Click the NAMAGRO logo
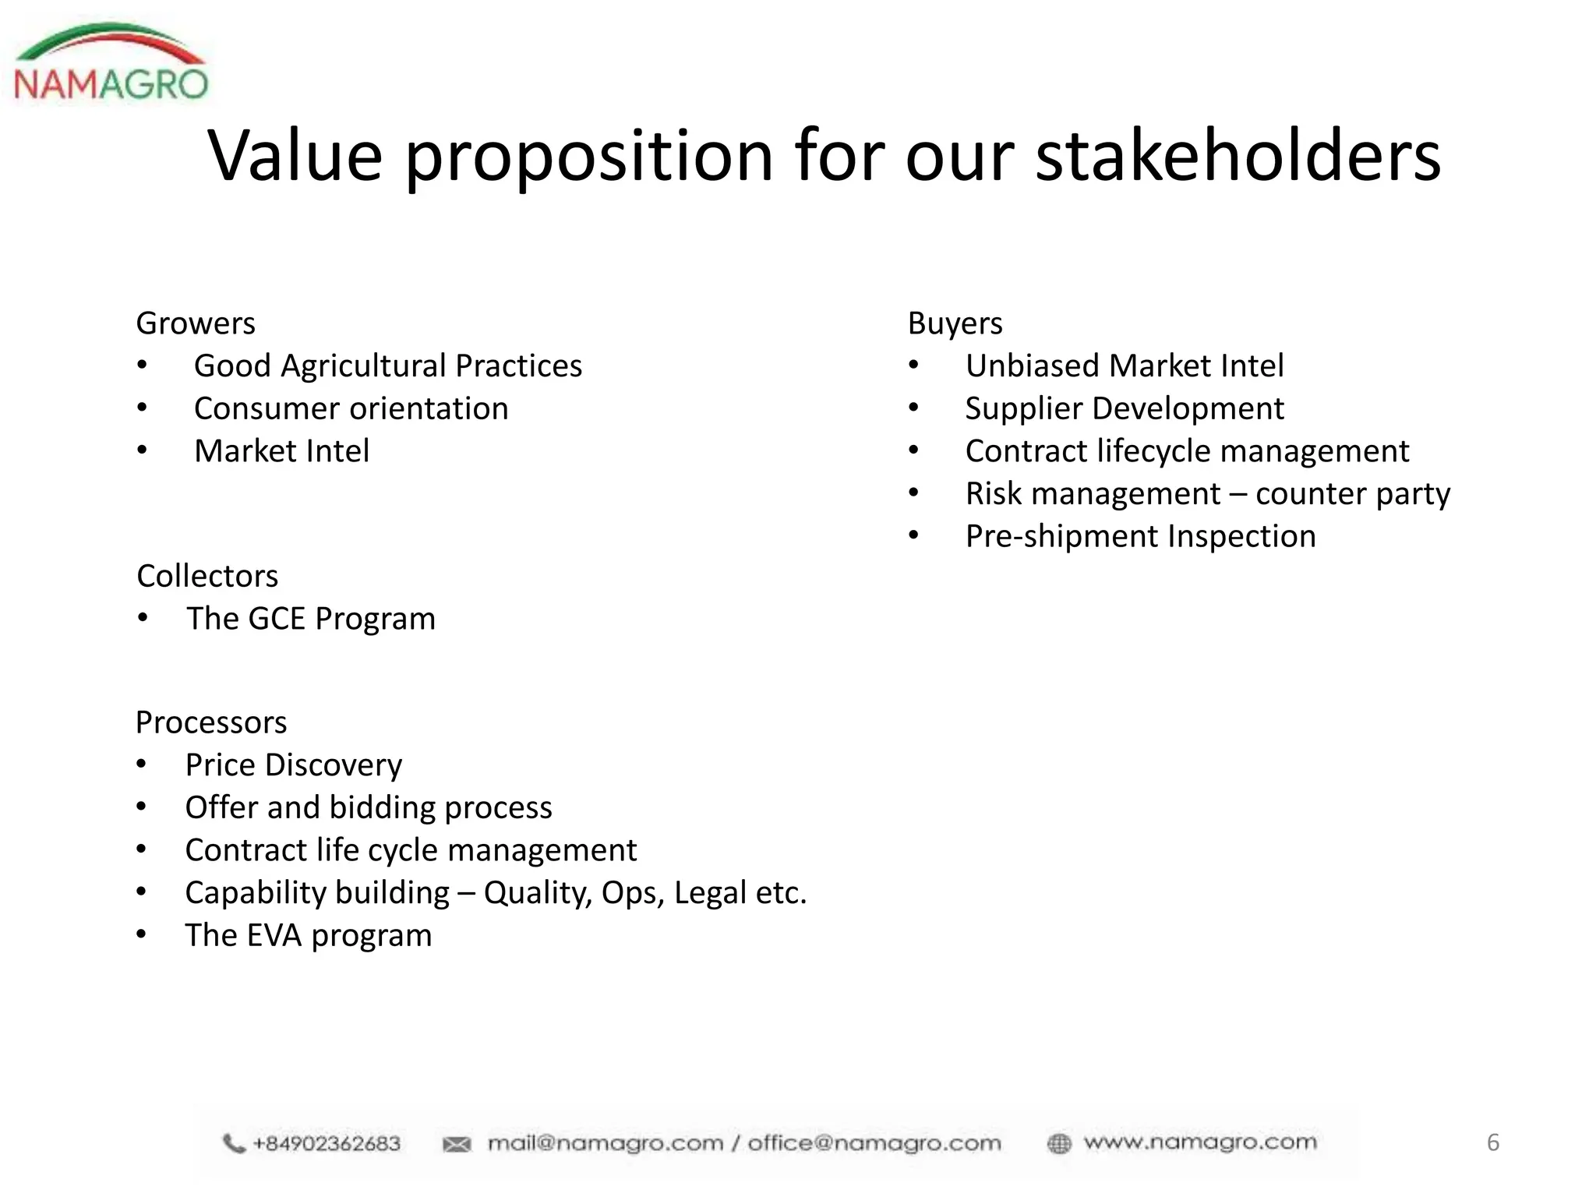[x=111, y=65]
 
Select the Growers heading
[x=196, y=323]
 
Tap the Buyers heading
[x=955, y=323]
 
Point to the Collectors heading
[x=207, y=577]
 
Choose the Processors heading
[x=211, y=722]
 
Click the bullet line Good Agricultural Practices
[x=387, y=366]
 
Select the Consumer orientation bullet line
[x=351, y=408]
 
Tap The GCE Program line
[x=311, y=619]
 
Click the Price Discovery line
[x=294, y=765]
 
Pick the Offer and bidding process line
[x=369, y=807]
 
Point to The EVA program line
[x=309, y=935]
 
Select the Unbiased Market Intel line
[x=1125, y=366]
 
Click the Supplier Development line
[x=1125, y=408]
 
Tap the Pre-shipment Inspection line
[x=1141, y=536]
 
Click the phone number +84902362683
[x=327, y=1143]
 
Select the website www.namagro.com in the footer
[x=1200, y=1142]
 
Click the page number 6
[x=1493, y=1142]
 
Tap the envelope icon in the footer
[x=457, y=1144]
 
